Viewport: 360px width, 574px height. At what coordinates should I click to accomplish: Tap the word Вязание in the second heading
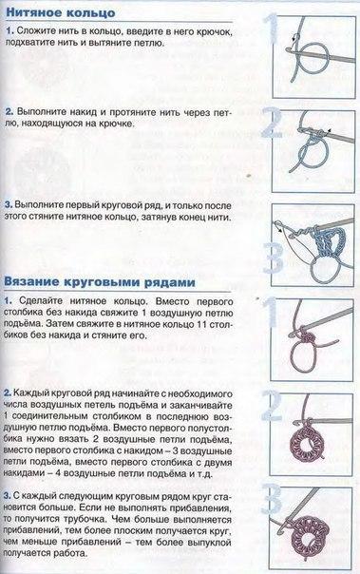[x=34, y=281]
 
